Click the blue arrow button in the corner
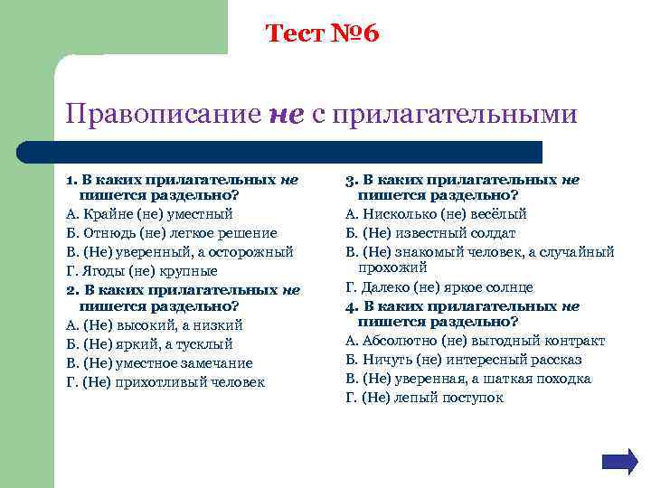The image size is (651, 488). pos(619,461)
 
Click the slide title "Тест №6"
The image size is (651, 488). pos(323,34)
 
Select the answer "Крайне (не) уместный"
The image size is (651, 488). pos(150,214)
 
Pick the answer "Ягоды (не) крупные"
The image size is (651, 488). pos(142,270)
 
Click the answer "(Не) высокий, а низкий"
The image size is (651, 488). pos(155,325)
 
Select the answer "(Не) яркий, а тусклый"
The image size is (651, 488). pos(150,344)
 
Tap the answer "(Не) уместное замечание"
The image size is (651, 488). pos(160,363)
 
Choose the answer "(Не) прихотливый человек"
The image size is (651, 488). pos(165,382)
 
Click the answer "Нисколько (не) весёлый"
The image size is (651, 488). pos(436,214)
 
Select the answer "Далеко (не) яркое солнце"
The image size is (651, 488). pos(439,287)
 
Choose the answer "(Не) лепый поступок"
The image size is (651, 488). pos(425,398)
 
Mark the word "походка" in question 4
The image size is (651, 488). pos(561,379)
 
